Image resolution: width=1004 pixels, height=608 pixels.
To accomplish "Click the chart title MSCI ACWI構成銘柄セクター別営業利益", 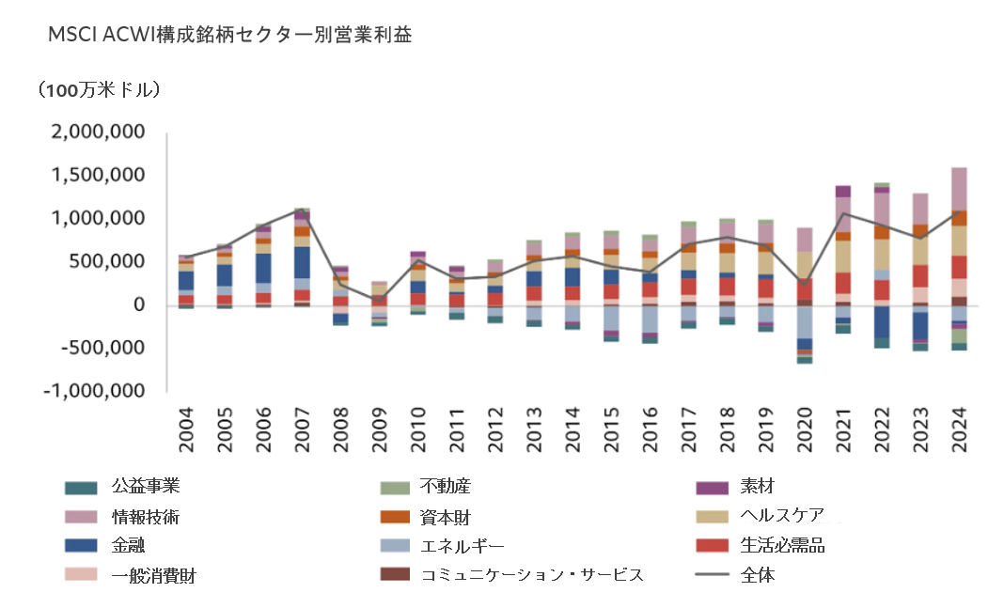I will (x=229, y=36).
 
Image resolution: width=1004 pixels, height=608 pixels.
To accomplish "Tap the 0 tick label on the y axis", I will (x=138, y=304).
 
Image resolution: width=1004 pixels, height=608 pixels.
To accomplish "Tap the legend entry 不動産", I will (x=445, y=487).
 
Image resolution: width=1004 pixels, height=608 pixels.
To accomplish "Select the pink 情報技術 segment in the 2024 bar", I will (x=958, y=188).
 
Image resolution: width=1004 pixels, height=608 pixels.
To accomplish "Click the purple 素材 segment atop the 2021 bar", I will (x=842, y=191).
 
